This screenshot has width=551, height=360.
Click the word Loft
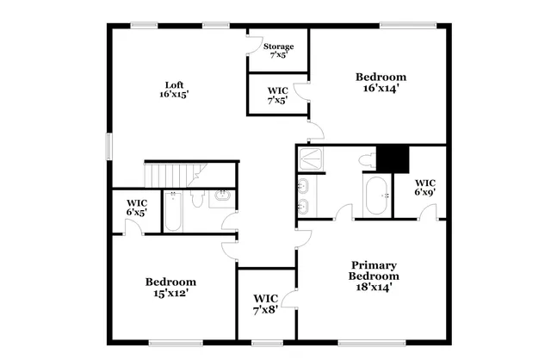click(175, 84)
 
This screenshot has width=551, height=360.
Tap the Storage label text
click(278, 47)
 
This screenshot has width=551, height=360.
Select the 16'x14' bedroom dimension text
click(381, 88)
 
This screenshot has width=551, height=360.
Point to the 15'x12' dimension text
click(170, 293)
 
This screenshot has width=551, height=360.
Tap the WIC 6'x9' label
click(424, 187)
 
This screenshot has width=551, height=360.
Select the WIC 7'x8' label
click(265, 304)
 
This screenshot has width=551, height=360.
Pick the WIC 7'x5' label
click(277, 95)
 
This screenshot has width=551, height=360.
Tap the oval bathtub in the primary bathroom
click(376, 196)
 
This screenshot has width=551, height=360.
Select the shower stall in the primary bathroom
click(308, 159)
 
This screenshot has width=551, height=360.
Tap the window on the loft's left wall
click(108, 146)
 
